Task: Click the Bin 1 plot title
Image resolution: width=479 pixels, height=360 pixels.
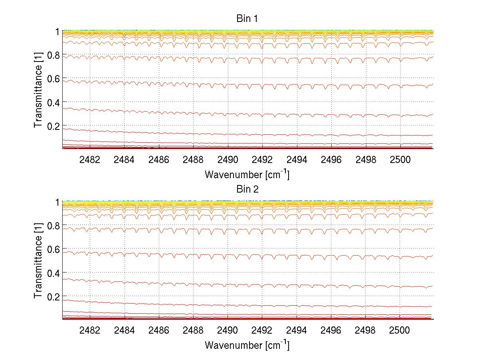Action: tap(247, 18)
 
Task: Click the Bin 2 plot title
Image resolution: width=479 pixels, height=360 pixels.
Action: tap(247, 189)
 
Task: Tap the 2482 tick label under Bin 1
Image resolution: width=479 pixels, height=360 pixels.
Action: tap(90, 160)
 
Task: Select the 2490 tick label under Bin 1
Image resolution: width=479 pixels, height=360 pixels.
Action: tap(228, 160)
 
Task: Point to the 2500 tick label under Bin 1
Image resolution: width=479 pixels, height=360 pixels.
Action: tap(400, 160)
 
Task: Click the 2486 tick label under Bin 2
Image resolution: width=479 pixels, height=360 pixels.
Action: tap(159, 331)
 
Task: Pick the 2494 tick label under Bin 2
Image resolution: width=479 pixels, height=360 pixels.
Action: tap(297, 331)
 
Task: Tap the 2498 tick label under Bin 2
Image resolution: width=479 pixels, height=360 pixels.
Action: tap(366, 331)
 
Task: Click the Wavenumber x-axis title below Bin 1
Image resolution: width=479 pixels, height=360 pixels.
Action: tap(247, 174)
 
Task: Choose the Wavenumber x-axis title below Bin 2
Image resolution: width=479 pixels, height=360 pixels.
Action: tap(247, 345)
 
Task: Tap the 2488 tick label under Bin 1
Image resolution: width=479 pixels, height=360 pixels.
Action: tap(193, 160)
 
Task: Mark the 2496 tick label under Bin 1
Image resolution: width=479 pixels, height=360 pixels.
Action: tap(331, 160)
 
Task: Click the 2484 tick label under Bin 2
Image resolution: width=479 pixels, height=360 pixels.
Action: tap(124, 331)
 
